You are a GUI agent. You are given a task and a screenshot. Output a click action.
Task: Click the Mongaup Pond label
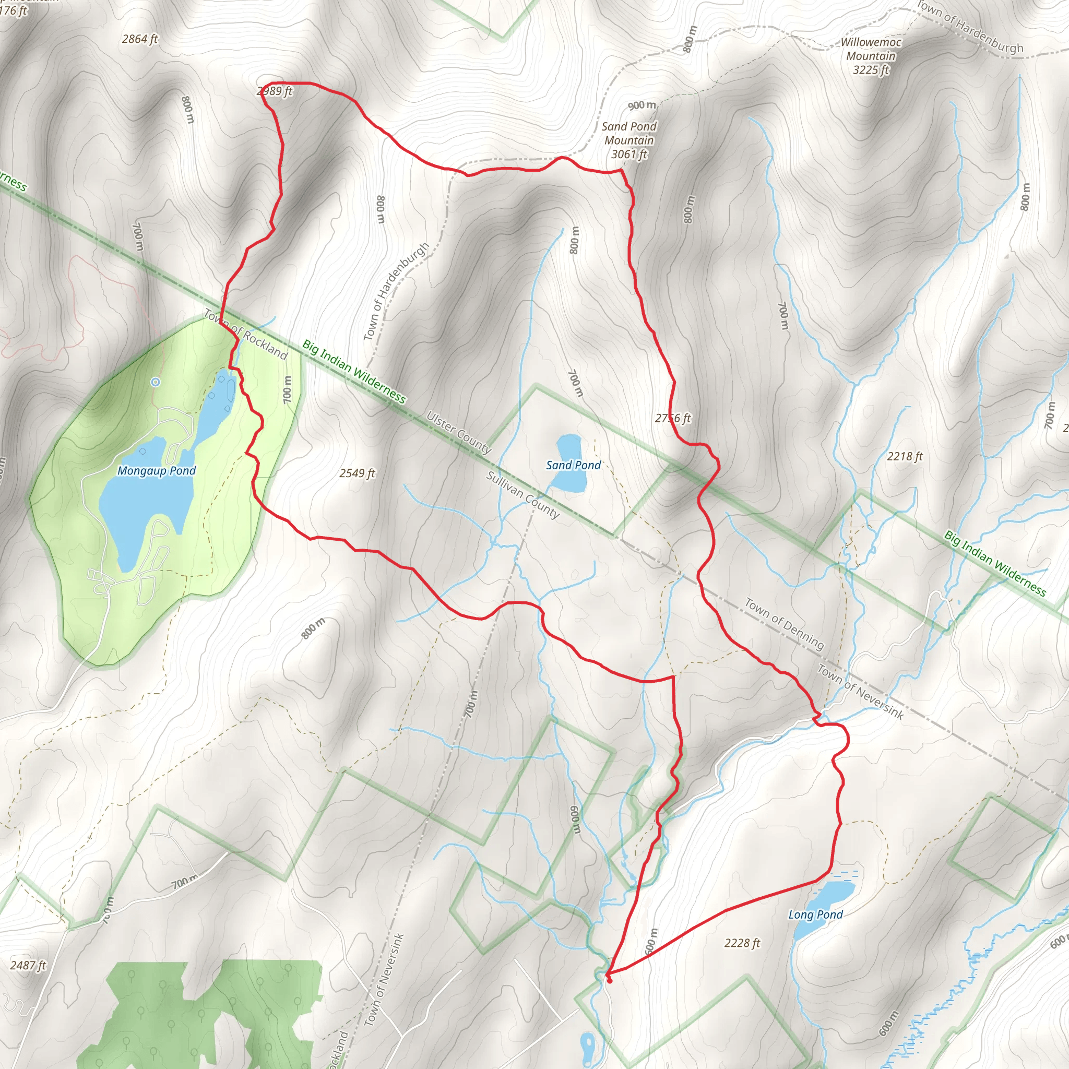(157, 471)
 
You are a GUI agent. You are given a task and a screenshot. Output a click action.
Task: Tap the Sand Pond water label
(573, 465)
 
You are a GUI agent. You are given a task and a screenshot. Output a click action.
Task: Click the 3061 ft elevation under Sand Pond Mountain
(629, 155)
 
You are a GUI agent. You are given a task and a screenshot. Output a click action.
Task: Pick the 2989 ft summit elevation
(275, 91)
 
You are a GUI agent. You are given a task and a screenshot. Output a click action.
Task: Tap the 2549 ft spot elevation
(357, 473)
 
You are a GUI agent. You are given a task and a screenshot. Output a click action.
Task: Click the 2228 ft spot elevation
(742, 943)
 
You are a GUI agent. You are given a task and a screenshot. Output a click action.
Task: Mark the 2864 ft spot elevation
(140, 39)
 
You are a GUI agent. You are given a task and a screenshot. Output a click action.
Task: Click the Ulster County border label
(459, 432)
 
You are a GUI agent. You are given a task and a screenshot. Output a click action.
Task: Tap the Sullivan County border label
(522, 494)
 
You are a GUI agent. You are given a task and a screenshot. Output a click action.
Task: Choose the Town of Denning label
(784, 623)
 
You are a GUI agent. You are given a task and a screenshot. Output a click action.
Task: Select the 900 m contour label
(642, 105)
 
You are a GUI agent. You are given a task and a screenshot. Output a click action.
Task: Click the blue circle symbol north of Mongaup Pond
(156, 382)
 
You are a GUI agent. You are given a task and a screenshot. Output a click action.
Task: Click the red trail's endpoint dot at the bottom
(609, 980)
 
